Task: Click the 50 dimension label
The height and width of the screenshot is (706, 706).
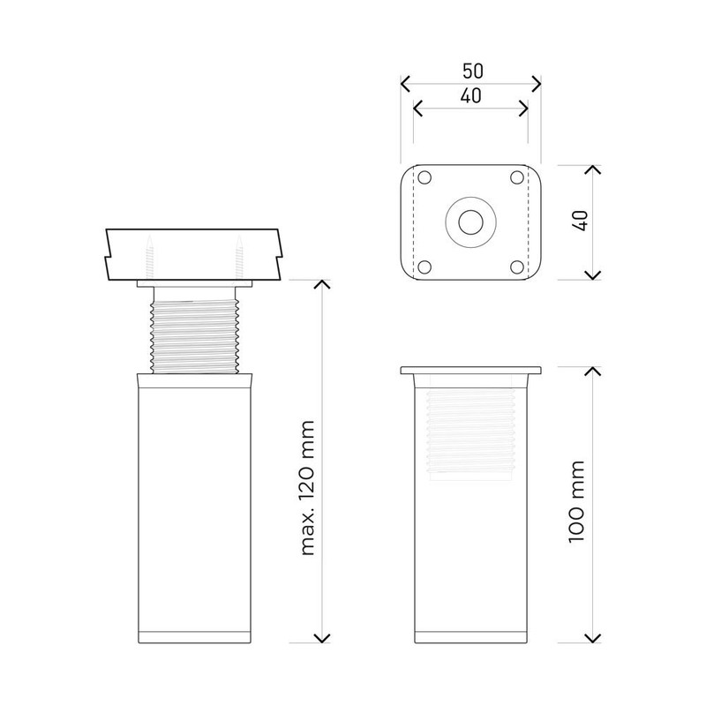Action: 473,71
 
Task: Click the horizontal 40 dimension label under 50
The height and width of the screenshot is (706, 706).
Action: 471,95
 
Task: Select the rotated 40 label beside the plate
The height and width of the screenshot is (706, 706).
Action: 582,221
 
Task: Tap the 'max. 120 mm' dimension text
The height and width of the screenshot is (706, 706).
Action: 307,488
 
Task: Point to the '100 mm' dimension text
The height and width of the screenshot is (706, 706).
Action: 576,502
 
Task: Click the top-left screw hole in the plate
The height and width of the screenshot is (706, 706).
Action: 424,177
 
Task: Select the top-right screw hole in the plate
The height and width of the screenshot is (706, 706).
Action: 517,177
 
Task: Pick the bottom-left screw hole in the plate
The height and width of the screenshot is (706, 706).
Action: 424,267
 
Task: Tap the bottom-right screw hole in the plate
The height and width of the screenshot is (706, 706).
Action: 517,267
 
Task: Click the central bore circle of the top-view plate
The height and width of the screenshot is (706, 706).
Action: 471,222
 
